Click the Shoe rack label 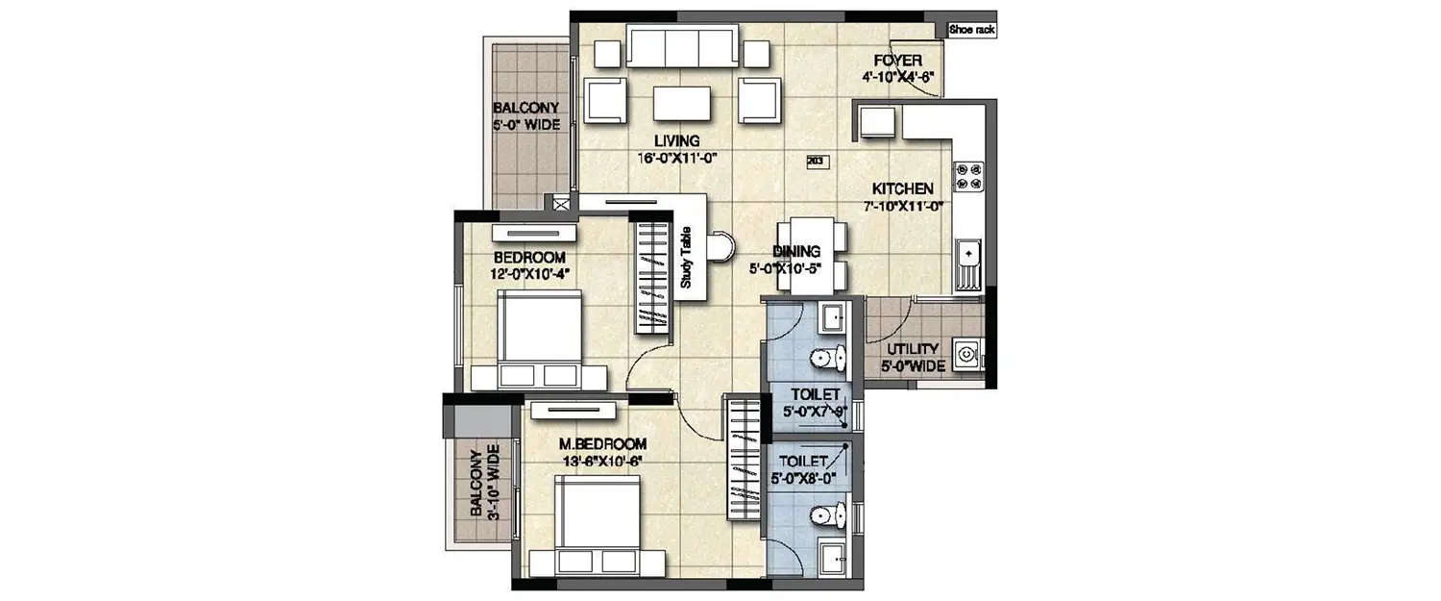tap(972, 30)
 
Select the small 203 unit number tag tap(818, 162)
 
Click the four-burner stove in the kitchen tap(967, 175)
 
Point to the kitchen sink tap(967, 256)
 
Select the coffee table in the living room tap(682, 103)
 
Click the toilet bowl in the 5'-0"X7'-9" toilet tap(824, 359)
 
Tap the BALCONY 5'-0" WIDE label tap(525, 115)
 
